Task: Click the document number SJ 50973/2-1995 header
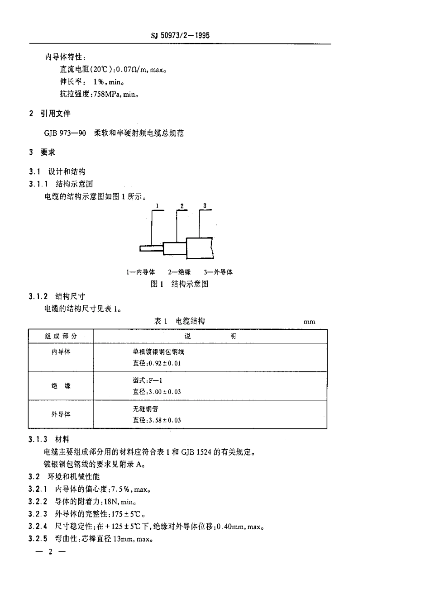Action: point(180,35)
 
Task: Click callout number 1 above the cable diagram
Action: point(157,206)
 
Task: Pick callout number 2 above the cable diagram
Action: point(182,206)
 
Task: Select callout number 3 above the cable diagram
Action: point(205,206)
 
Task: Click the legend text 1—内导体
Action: point(140,272)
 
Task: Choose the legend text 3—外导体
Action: point(218,272)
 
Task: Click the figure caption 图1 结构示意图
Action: point(179,284)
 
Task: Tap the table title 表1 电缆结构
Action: point(179,321)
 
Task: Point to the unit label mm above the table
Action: point(310,322)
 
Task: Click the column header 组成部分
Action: point(61,336)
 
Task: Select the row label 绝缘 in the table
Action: point(61,386)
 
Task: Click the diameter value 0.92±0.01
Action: point(164,363)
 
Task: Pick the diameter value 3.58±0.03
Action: point(164,420)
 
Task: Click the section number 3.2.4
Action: point(38,527)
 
